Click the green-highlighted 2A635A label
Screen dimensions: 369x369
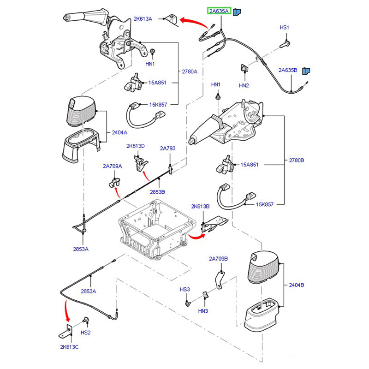(219, 11)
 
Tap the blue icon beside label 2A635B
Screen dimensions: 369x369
(305, 71)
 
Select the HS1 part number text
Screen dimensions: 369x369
(284, 28)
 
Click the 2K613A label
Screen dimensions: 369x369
(143, 18)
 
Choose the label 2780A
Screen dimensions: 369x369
(189, 71)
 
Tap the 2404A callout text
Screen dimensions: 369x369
(119, 132)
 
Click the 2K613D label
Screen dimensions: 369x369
(136, 146)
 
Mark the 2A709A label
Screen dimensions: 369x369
(112, 166)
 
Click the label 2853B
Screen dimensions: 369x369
(157, 191)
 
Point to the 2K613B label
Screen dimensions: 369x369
(200, 206)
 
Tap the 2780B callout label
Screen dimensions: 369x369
(296, 161)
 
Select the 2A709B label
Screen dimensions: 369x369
(218, 259)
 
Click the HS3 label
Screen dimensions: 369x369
(184, 289)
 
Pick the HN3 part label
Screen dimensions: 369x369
(203, 311)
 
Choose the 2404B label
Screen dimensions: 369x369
(296, 285)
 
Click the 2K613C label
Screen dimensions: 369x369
(69, 347)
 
